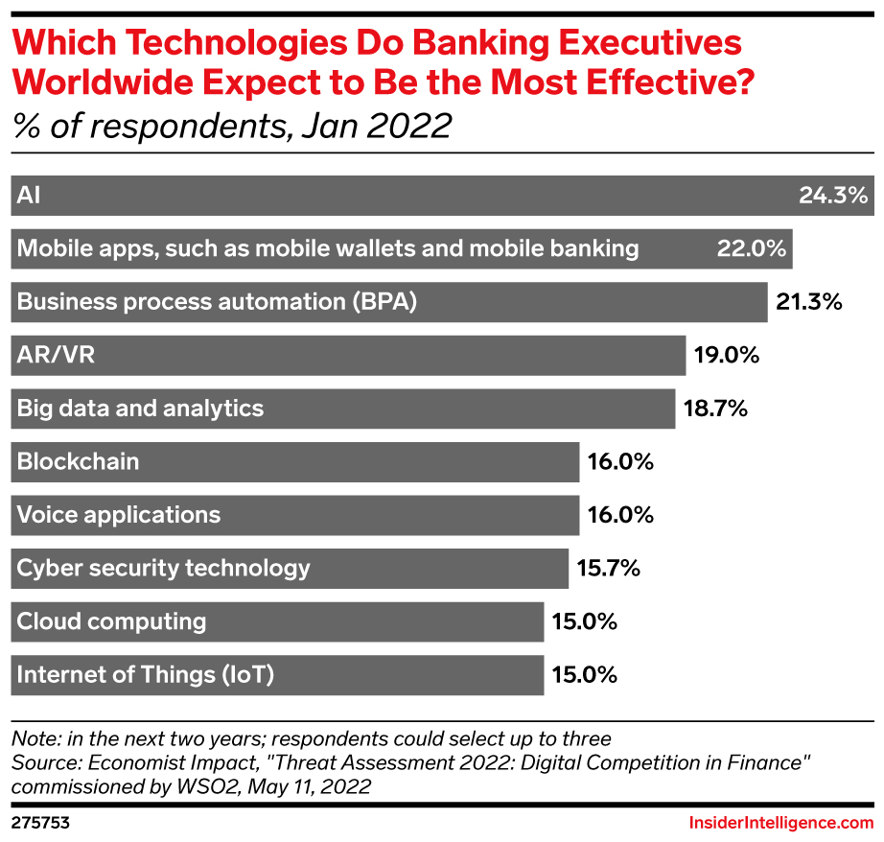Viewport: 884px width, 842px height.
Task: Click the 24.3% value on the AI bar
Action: (x=832, y=196)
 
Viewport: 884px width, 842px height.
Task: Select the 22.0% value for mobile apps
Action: (x=752, y=249)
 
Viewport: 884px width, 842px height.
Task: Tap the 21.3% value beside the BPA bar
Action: (x=808, y=302)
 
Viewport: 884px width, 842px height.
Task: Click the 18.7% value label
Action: (x=714, y=409)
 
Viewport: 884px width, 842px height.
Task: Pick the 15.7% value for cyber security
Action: (x=608, y=568)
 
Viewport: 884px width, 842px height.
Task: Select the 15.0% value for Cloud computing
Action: (x=583, y=621)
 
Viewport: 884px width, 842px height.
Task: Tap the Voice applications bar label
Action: (x=119, y=515)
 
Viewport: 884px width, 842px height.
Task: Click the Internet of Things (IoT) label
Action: (x=146, y=674)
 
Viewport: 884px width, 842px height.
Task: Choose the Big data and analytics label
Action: (x=140, y=409)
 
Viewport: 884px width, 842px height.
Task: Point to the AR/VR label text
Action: (x=57, y=356)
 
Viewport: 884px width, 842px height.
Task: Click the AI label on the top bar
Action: (x=30, y=196)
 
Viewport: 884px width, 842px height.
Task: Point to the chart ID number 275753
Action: (x=40, y=823)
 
